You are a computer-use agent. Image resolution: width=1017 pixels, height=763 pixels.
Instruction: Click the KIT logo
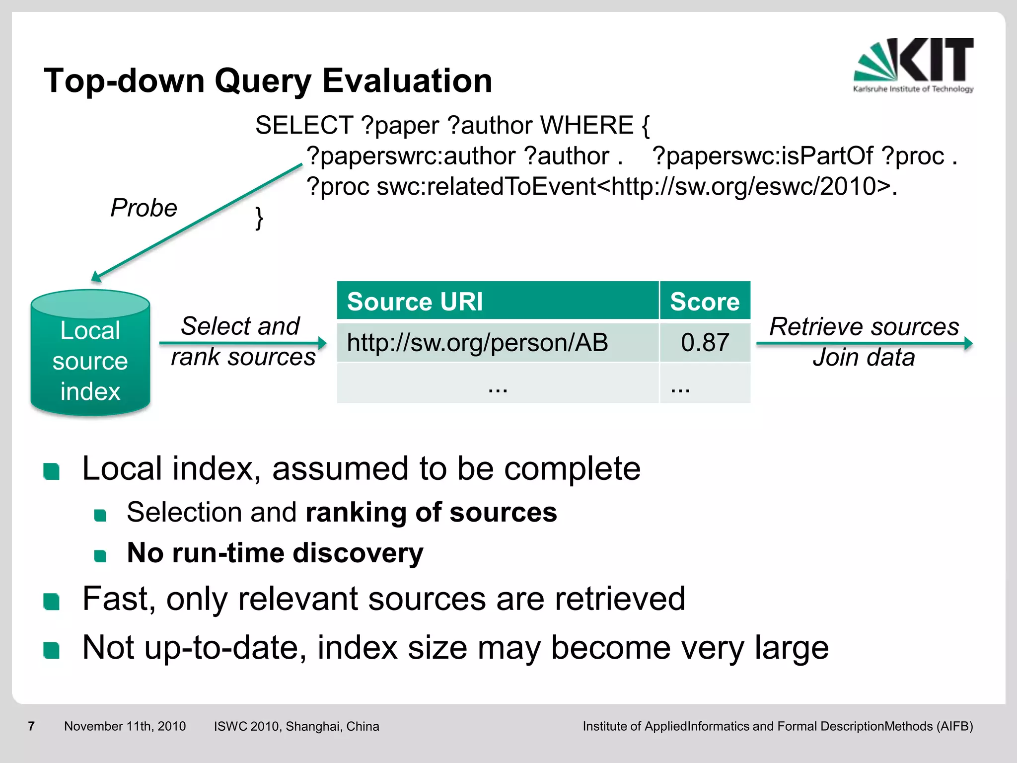tap(914, 65)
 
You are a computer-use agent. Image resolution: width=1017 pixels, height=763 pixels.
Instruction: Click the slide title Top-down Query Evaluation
tap(268, 80)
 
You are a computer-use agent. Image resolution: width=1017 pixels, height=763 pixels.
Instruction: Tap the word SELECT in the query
tap(303, 125)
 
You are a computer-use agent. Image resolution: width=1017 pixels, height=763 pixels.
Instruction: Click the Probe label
tap(144, 208)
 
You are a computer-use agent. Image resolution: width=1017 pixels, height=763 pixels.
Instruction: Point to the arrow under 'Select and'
tap(243, 343)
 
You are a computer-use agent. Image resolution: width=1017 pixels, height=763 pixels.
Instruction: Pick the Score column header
tap(705, 301)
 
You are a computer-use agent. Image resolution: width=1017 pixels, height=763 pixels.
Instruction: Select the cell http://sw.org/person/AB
tap(477, 342)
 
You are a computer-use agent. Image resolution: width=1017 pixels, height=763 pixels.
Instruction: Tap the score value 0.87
tap(705, 342)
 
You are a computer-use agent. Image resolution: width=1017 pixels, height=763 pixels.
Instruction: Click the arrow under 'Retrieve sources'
tap(864, 343)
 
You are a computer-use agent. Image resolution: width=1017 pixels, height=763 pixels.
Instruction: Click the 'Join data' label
tap(864, 358)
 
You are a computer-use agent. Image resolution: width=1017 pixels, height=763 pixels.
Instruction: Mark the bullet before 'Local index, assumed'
tap(52, 471)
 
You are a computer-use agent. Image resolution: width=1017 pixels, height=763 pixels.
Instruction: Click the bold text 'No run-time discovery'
tap(275, 553)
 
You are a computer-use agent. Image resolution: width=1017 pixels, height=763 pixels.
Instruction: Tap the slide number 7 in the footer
tap(31, 726)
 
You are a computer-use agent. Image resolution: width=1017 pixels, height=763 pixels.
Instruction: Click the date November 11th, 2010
tap(125, 726)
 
